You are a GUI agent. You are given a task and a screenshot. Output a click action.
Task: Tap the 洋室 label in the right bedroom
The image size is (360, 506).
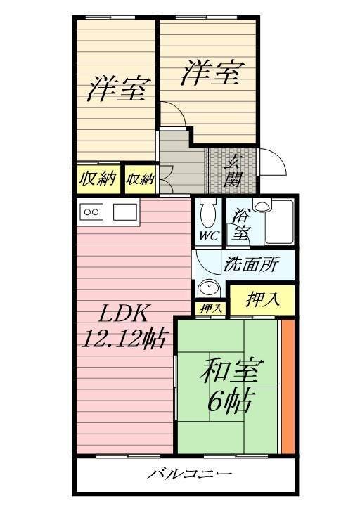coord(212,74)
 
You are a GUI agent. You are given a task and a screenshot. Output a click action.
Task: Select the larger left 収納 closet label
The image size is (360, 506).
coord(98,179)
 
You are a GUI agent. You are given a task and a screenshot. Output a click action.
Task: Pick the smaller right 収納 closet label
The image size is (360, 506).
coord(140,179)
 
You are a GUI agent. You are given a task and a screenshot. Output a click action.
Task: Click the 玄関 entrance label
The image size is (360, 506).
coord(233,171)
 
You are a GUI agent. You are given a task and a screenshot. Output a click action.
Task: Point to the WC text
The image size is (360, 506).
coord(208,236)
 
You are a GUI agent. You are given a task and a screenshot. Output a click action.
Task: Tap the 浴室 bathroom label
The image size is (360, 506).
coord(239,224)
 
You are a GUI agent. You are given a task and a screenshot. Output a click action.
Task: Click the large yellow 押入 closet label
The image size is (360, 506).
coord(263,299)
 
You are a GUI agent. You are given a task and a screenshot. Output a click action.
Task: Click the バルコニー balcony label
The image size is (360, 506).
coord(189,475)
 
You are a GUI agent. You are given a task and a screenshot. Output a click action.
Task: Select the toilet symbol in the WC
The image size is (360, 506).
coord(207,211)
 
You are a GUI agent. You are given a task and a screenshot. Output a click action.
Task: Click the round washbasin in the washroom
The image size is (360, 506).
coord(207,288)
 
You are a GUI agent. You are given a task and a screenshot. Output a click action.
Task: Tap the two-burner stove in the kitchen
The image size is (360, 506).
coord(93,212)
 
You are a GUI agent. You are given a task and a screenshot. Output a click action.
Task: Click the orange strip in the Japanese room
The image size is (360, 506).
coord(288,386)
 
